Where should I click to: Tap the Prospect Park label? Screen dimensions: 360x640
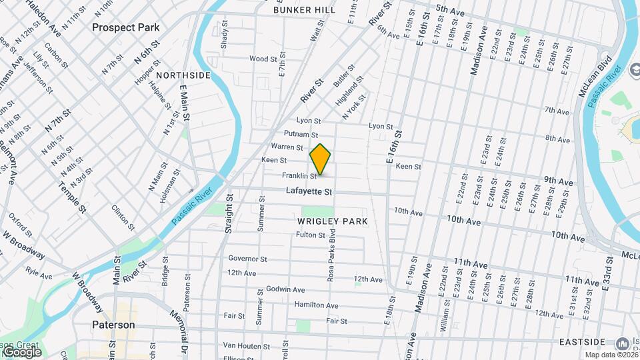tap(126, 27)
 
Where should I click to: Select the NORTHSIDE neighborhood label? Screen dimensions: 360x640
tap(183, 75)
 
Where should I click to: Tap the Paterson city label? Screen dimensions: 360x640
tap(113, 325)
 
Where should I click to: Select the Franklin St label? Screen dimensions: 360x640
tap(299, 176)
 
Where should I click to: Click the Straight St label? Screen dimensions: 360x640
tap(229, 213)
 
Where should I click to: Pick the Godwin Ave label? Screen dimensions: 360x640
tap(285, 290)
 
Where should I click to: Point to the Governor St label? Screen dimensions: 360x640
tap(247, 259)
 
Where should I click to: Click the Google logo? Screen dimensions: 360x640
tap(22, 351)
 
